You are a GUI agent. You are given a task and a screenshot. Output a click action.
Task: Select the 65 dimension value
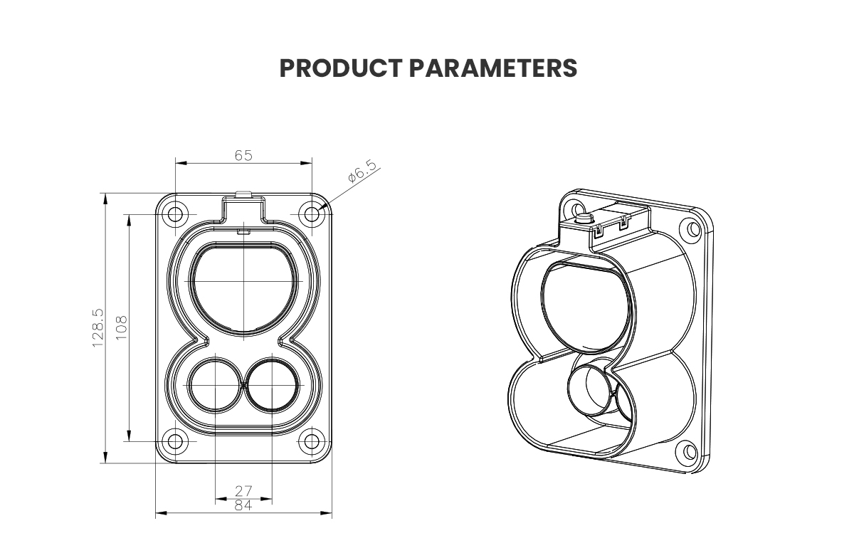[243, 155]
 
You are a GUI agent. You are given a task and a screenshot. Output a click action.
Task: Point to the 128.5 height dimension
[98, 327]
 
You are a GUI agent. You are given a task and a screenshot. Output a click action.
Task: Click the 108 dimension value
[121, 327]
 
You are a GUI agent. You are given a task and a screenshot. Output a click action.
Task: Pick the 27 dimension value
[243, 491]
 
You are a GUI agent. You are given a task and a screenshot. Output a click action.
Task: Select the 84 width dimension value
[243, 506]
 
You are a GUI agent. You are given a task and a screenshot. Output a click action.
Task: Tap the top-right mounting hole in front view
[311, 214]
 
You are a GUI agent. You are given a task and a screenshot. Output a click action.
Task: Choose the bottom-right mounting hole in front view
[311, 441]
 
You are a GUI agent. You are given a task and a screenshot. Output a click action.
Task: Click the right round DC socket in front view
[272, 385]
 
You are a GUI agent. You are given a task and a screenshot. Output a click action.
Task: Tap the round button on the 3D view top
[584, 217]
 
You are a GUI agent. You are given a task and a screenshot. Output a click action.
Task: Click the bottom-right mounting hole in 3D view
[688, 451]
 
